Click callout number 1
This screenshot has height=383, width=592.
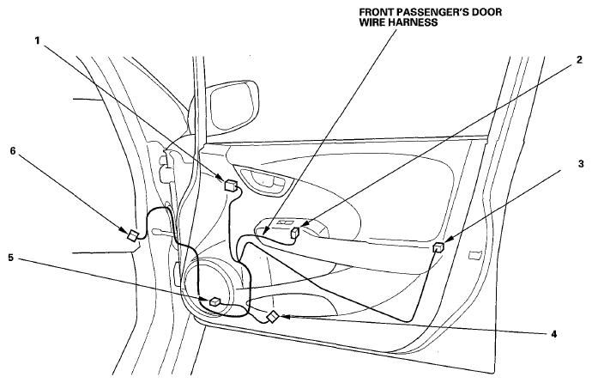tap(38, 40)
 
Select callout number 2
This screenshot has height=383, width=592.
tap(579, 59)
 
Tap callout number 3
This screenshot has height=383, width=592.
tap(581, 164)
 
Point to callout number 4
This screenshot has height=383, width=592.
tap(554, 334)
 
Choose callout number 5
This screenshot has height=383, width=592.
tap(11, 258)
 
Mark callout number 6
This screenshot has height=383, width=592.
tap(13, 150)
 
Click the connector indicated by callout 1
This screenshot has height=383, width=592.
tap(231, 185)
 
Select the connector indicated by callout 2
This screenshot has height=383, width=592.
tap(295, 233)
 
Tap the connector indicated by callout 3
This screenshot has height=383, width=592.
tap(438, 247)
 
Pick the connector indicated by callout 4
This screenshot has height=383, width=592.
tap(273, 317)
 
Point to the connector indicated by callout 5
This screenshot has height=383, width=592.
tap(214, 301)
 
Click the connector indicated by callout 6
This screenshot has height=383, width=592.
tap(132, 235)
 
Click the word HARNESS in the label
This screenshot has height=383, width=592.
tap(414, 22)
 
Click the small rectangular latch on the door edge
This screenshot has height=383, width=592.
tap(474, 255)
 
